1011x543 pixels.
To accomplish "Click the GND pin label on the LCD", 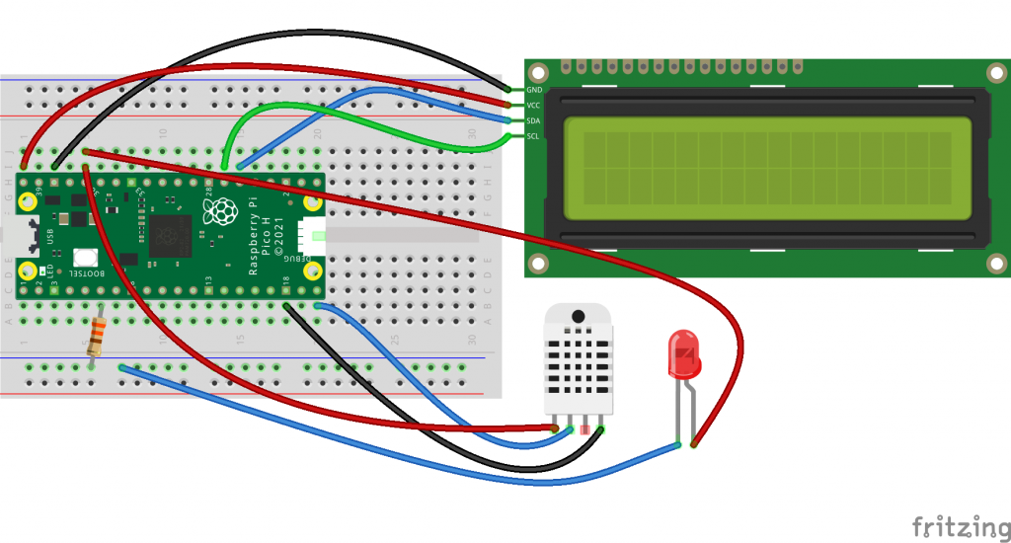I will coord(533,89).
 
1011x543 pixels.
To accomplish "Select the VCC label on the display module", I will coord(533,105).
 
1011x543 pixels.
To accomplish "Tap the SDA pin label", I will coord(533,120).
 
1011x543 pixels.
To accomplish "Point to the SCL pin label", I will coord(533,136).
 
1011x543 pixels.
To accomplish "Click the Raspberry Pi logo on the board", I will coord(219,209).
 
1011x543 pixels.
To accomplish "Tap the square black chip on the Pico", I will coord(170,236).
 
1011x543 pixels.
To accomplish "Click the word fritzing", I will coord(953,524).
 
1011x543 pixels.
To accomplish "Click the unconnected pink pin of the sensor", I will coord(586,428).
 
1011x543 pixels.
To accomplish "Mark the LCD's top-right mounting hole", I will coord(994,72).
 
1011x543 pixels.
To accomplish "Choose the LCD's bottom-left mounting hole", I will coord(538,264).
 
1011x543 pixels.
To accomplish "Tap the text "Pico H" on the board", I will coord(267,237).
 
